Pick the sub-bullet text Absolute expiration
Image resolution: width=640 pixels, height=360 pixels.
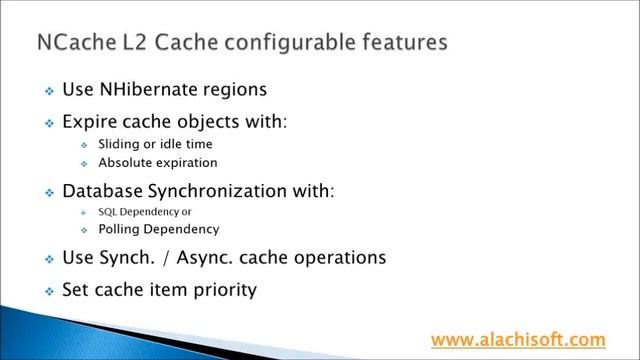point(157,162)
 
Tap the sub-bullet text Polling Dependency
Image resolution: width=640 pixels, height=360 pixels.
point(158,229)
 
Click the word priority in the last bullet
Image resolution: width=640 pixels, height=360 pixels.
point(225,290)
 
